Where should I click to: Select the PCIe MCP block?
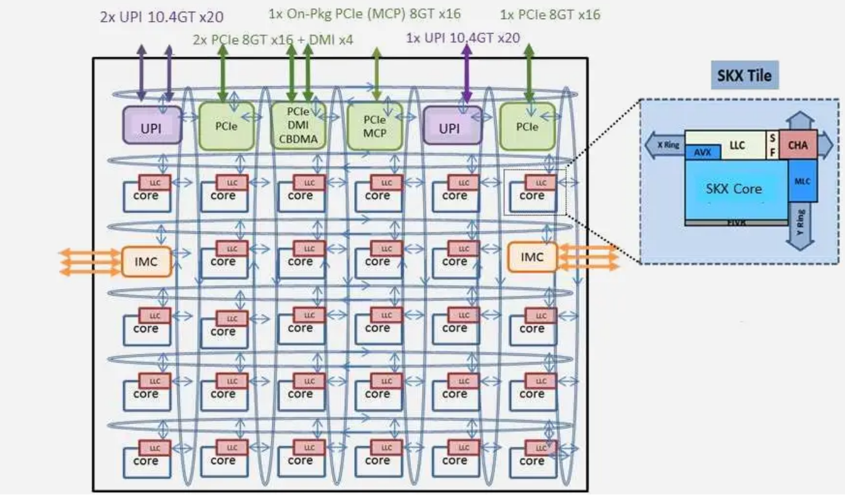(374, 126)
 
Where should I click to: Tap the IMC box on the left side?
(147, 262)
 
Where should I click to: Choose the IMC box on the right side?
(532, 257)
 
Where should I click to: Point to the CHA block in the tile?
(798, 145)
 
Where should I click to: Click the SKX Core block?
(734, 189)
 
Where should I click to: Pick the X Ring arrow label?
(666, 145)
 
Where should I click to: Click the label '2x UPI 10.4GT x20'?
(162, 16)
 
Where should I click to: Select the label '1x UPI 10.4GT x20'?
(463, 38)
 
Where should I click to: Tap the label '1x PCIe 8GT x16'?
(550, 14)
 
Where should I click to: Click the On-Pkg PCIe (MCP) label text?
(365, 13)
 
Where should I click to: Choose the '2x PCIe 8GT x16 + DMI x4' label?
(273, 41)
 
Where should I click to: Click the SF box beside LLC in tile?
(773, 145)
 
